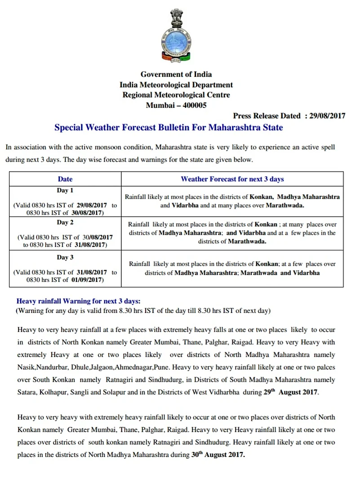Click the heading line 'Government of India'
[x=176, y=74]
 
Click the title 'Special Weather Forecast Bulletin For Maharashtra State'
[x=169, y=127]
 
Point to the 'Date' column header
[x=65, y=179]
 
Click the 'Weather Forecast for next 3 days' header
[x=232, y=179]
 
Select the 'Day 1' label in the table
[x=65, y=190]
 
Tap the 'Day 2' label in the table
[x=65, y=223]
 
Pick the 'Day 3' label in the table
[x=65, y=257]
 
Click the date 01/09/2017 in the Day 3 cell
[x=87, y=280]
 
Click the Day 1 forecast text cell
[x=232, y=201]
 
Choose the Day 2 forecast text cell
[x=232, y=232]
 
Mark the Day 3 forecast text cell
[x=232, y=268]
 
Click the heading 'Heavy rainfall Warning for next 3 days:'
[x=79, y=301]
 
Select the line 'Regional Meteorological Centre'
[x=176, y=95]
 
